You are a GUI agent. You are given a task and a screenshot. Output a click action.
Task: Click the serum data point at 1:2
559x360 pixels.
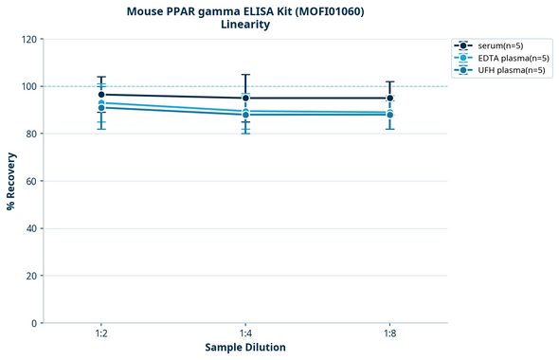coord(101,95)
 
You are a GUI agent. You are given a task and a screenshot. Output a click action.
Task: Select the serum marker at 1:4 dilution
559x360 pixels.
coord(245,98)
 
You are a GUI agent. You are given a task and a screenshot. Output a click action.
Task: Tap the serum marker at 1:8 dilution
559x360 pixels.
coord(389,98)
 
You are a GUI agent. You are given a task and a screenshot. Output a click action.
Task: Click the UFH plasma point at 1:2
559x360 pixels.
coord(101,108)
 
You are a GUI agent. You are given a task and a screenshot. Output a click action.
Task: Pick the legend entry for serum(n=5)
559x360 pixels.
coord(503,45)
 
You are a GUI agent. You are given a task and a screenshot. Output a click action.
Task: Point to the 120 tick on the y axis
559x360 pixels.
coord(28,39)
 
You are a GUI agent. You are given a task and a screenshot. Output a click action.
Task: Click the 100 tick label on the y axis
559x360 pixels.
coord(28,86)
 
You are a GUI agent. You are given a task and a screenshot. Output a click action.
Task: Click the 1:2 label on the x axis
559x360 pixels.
coord(101,334)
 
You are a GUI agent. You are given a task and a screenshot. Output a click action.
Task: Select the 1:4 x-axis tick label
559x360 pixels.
coord(245,334)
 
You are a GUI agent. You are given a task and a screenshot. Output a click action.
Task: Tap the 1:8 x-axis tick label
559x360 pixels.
coord(389,334)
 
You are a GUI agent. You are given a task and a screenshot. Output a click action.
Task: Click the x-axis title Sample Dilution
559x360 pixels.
coord(245,348)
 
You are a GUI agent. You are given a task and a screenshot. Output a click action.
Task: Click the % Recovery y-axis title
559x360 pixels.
coord(11,181)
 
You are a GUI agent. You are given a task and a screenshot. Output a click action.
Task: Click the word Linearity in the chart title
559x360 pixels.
coord(245,25)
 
